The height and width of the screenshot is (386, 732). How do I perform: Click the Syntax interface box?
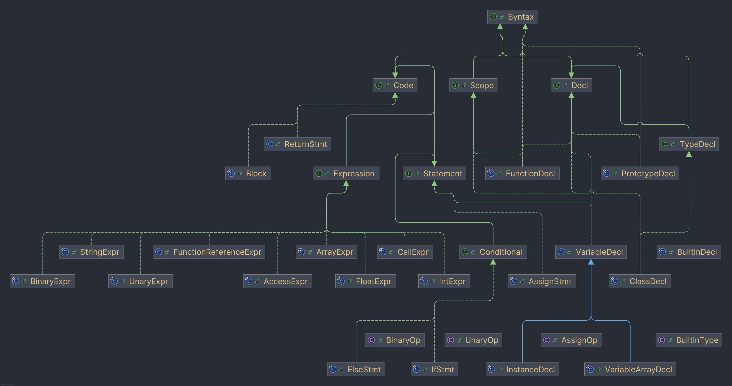pos(512,17)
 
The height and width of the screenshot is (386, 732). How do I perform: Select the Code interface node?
pos(395,85)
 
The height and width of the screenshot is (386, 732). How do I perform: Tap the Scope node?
pos(473,85)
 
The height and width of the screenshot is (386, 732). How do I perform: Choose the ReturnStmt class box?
pos(297,144)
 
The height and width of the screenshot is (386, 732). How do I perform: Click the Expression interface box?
pos(346,173)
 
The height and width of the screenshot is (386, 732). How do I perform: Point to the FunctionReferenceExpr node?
pos(209,252)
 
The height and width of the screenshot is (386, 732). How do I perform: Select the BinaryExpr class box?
pos(43,281)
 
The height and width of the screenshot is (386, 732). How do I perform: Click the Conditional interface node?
pos(493,252)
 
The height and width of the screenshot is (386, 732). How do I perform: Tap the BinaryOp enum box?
pos(395,340)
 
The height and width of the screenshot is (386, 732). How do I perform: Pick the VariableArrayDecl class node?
pos(630,369)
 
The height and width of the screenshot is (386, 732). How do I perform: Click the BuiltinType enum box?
pos(689,340)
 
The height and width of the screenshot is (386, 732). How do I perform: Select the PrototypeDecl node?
pos(640,173)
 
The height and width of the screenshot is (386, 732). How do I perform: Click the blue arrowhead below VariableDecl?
pos(591,262)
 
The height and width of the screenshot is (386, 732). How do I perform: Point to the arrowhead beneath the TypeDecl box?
pos(689,154)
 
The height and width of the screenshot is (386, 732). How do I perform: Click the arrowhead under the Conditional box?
pos(493,262)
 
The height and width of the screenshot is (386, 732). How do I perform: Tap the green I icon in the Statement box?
pos(409,173)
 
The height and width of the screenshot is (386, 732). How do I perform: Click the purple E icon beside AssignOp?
pos(547,340)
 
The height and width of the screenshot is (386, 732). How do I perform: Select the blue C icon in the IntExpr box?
pos(424,281)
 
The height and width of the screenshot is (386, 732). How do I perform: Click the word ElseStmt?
pos(364,370)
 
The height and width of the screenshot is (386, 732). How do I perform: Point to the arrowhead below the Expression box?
pos(346,184)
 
